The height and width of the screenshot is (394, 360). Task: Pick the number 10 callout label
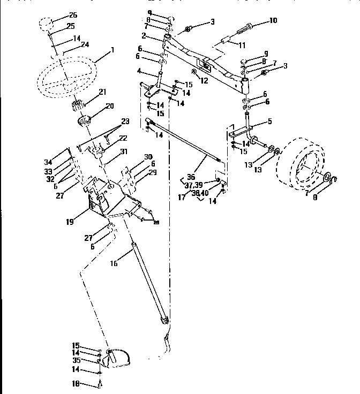(273, 21)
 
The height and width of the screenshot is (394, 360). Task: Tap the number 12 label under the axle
(204, 80)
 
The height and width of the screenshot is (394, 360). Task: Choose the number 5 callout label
(269, 122)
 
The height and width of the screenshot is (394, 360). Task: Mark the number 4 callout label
(139, 71)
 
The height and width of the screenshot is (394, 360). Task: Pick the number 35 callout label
(77, 360)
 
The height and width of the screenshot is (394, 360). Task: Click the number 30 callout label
(148, 156)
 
